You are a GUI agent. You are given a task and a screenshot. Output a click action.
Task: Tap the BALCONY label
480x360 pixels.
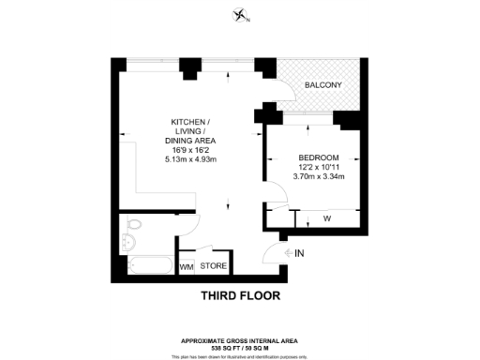click(322, 85)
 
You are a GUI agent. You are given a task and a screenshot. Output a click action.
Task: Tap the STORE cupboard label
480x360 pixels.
click(214, 266)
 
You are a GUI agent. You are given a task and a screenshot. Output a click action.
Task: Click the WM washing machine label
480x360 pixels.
click(186, 267)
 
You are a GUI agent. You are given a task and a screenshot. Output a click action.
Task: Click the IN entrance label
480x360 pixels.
click(300, 253)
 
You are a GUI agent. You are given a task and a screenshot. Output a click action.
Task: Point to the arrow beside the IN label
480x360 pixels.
click(285, 253)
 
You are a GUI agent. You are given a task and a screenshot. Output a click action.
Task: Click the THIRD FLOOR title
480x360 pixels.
click(240, 296)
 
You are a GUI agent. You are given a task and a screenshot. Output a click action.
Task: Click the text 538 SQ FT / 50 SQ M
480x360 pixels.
click(240, 348)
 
